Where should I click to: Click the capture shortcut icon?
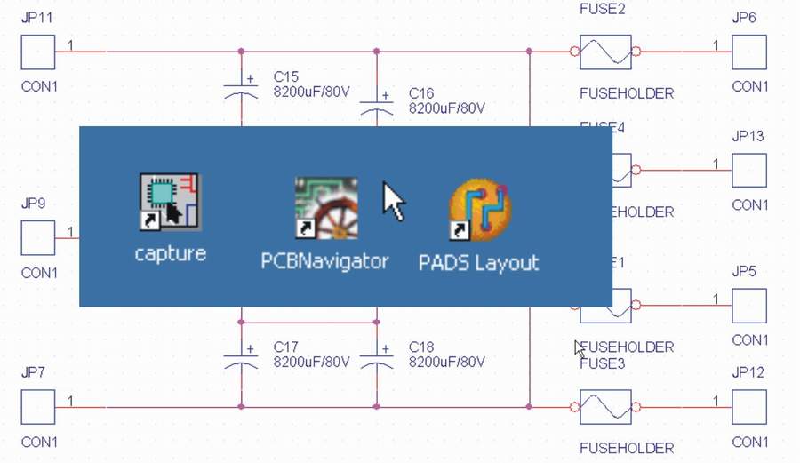[x=170, y=203]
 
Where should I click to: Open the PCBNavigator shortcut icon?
[x=325, y=208]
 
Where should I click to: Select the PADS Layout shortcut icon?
[x=480, y=210]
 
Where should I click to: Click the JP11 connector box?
[x=38, y=52]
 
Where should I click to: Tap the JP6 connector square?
[x=749, y=52]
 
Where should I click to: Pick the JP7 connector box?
[x=38, y=408]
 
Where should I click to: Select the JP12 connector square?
[x=749, y=408]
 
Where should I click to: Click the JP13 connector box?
[x=749, y=171]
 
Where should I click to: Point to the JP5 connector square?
[x=749, y=306]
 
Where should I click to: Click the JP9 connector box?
[x=38, y=237]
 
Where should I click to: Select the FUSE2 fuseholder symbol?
[x=605, y=52]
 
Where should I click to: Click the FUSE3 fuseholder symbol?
[x=605, y=408]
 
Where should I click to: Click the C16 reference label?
[x=421, y=92]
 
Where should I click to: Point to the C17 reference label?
[x=286, y=347]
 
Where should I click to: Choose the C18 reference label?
[x=421, y=347]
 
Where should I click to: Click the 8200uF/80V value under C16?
[x=446, y=108]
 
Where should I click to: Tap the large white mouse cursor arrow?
[x=393, y=202]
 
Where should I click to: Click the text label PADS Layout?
[x=478, y=263]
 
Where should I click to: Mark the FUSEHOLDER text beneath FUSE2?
[x=626, y=93]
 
